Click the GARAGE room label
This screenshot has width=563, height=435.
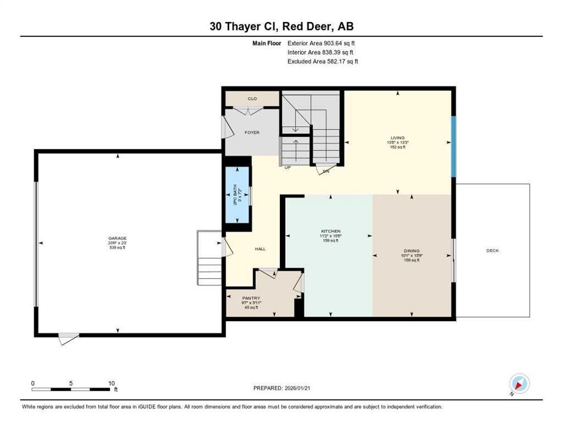coord(118,238)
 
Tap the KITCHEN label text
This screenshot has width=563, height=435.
coord(331,232)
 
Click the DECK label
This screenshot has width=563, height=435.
coord(492,250)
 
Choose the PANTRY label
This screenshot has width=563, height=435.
coord(250,297)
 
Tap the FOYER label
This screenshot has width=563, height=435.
coord(251,133)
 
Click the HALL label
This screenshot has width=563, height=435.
coord(260,249)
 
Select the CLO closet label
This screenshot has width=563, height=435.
coord(252,99)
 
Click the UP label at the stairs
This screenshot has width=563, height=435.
coord(288,168)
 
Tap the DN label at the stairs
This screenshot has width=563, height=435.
coord(326,171)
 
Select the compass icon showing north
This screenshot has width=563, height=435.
coord(519,384)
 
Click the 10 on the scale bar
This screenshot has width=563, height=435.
coord(112,383)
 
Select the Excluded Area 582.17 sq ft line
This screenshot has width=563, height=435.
coord(323,61)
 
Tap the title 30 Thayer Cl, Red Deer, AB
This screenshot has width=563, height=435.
coord(281,26)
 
